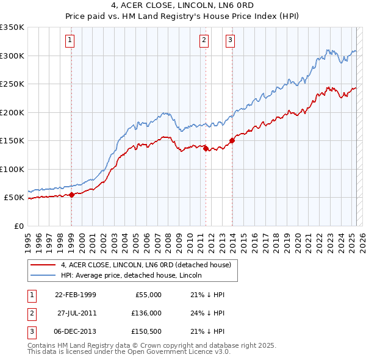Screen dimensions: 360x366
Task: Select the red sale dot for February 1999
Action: coord(71,195)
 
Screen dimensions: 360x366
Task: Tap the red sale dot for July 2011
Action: coord(206,148)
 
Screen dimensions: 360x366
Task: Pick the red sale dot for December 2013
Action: coord(232,140)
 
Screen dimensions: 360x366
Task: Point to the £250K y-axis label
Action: coord(12,84)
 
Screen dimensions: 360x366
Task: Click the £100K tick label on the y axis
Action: coord(12,169)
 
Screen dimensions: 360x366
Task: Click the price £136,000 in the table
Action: coord(147,313)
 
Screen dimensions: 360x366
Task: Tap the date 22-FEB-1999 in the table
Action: coord(75,295)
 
